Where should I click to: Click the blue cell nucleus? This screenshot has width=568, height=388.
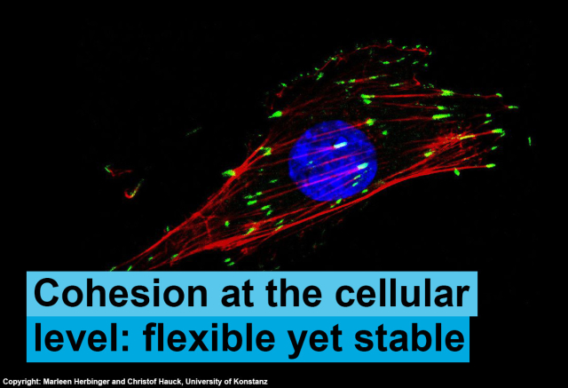(x=333, y=161)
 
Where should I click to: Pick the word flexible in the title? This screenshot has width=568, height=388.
(x=209, y=337)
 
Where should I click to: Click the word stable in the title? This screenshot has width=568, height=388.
(x=409, y=337)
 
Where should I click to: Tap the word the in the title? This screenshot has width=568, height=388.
(x=294, y=293)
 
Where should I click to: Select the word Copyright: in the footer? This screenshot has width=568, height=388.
(x=21, y=382)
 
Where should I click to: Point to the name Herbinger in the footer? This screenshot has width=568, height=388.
(x=89, y=382)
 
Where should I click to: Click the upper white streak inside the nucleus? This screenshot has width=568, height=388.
(x=340, y=146)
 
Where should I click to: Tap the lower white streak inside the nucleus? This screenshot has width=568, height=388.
(x=363, y=166)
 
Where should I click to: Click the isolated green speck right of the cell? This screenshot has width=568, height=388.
(x=529, y=141)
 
